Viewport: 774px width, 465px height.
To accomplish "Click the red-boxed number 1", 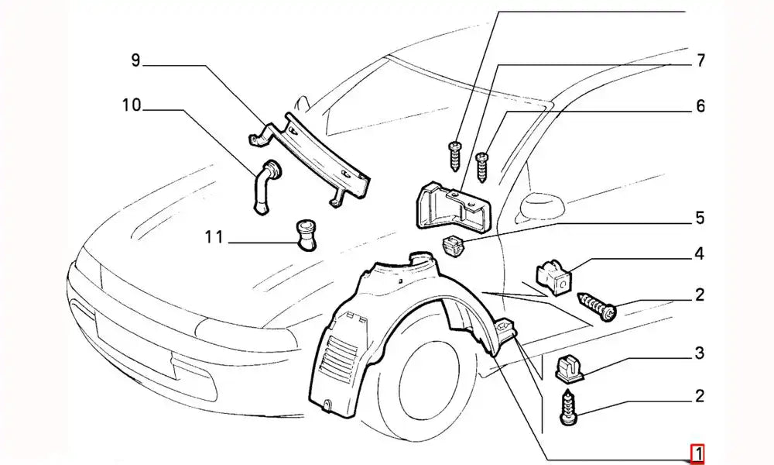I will point(697,453).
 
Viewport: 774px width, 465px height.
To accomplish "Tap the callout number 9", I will point(135,60).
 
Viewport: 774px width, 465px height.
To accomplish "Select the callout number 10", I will point(132,105).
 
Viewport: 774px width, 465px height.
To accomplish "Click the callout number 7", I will point(699,60).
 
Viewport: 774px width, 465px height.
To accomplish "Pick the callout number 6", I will point(699,106).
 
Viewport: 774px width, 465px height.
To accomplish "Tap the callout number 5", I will point(699,219).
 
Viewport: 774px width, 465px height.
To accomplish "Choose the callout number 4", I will point(699,253).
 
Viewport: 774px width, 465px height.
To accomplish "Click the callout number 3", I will point(699,354).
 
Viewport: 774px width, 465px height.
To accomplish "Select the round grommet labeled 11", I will point(306,235).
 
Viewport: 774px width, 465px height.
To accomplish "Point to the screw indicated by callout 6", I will point(483,165).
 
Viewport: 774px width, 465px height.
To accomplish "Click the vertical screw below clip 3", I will point(567,411).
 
